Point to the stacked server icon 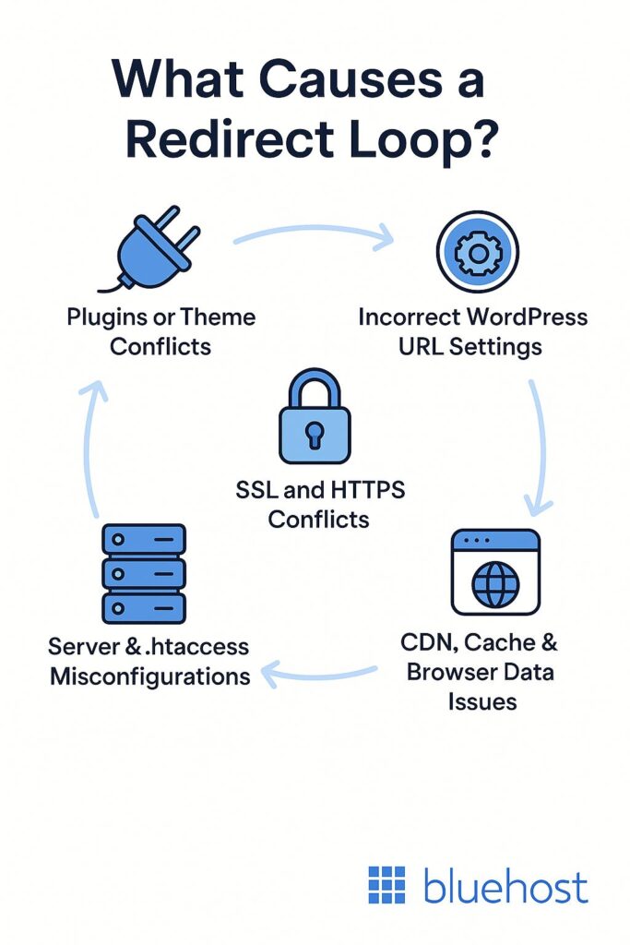click(x=144, y=572)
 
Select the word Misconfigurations click(x=150, y=676)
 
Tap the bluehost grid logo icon click(x=386, y=885)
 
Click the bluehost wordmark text click(x=505, y=887)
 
